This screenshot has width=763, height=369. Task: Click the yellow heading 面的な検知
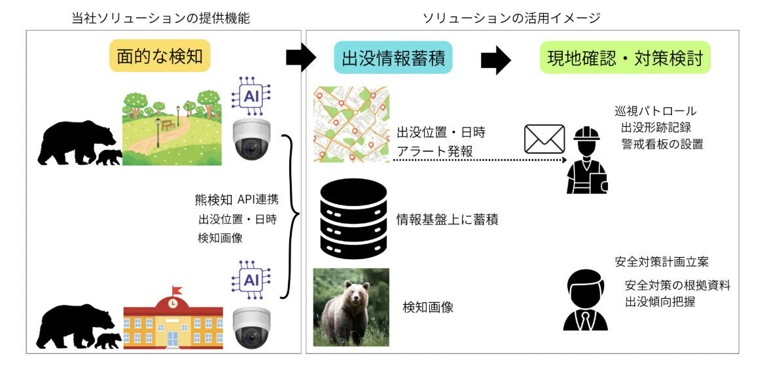pyautogui.click(x=160, y=57)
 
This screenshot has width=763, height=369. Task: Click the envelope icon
pyautogui.click(x=544, y=139)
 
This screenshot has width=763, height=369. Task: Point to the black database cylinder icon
pyautogui.click(x=351, y=220)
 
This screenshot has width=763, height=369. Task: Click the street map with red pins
pyautogui.click(x=351, y=125)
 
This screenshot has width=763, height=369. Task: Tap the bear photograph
pyautogui.click(x=351, y=307)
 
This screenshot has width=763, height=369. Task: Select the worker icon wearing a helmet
pyautogui.click(x=586, y=161)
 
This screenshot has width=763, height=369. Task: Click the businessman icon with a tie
pyautogui.click(x=585, y=300)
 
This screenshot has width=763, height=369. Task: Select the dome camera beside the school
pyautogui.click(x=251, y=326)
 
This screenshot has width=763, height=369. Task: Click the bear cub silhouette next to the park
pyautogui.click(x=109, y=157)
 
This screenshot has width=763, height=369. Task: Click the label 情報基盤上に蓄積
pyautogui.click(x=448, y=220)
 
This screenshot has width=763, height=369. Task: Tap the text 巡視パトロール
pyautogui.click(x=655, y=111)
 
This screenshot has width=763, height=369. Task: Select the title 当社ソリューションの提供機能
pyautogui.click(x=160, y=18)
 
